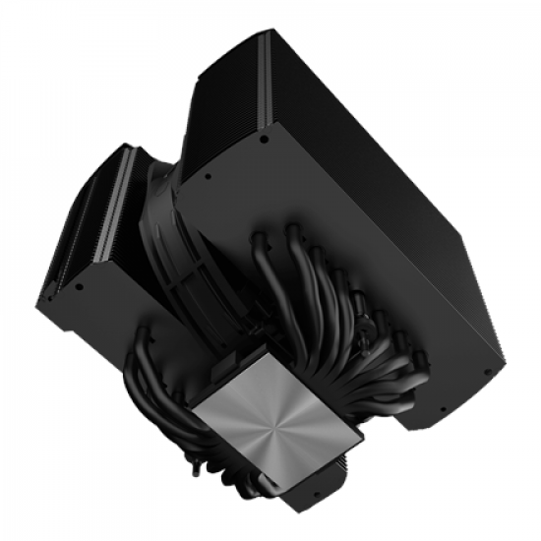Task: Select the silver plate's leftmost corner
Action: [x=191, y=414]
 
